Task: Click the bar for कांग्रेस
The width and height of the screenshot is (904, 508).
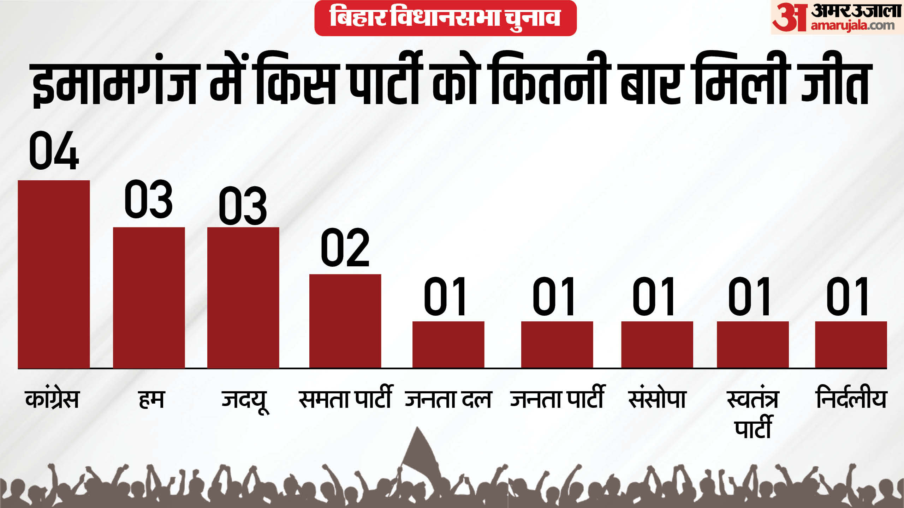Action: click(54, 274)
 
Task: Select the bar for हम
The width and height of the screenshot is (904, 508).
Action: click(149, 298)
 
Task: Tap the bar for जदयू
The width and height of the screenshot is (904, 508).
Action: click(243, 298)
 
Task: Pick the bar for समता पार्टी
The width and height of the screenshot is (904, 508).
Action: click(345, 321)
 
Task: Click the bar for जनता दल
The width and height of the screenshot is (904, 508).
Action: click(448, 345)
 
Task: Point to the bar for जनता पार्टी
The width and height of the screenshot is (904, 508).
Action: click(557, 345)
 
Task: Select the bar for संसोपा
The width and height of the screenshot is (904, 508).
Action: click(657, 345)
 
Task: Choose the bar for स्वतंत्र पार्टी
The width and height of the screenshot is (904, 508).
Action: click(753, 345)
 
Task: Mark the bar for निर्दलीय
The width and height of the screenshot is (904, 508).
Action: click(851, 345)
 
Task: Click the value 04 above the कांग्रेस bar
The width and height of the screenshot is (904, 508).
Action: click(54, 150)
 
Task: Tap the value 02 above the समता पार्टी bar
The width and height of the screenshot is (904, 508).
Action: click(345, 247)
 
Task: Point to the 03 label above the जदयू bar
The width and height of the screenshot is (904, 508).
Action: click(243, 205)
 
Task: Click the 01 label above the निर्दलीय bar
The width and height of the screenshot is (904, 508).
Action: click(847, 296)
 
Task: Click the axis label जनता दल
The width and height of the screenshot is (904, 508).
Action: click(448, 399)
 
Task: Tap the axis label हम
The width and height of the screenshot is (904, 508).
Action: click(151, 400)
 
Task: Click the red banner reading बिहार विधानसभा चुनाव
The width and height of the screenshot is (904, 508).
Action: click(445, 18)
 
